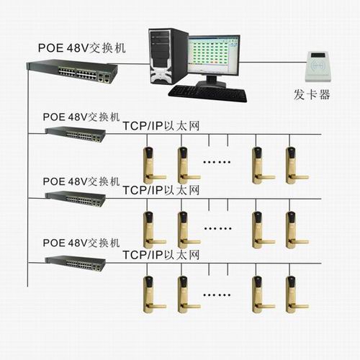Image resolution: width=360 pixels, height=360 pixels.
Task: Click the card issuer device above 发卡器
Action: pyautogui.click(x=320, y=66)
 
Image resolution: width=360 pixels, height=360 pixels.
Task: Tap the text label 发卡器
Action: pyautogui.click(x=312, y=94)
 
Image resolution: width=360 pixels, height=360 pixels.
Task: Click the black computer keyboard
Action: pyautogui.click(x=208, y=94)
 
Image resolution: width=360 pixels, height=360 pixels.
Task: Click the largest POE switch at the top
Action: pyautogui.click(x=72, y=71)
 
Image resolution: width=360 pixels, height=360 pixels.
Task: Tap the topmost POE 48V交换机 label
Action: pyautogui.click(x=82, y=48)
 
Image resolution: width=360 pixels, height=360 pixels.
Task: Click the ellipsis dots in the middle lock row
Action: pyautogui.click(x=217, y=228)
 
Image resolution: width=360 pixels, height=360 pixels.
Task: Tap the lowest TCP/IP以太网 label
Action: pyautogui.click(x=161, y=255)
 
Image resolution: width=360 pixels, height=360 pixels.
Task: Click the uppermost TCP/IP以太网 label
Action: pyautogui.click(x=161, y=126)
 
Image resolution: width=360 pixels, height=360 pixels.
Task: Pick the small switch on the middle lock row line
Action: pyautogui.click(x=76, y=199)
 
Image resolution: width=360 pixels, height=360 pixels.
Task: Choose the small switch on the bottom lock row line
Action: pyautogui.click(x=76, y=264)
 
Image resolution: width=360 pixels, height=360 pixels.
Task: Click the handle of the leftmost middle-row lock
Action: pyautogui.click(x=156, y=242)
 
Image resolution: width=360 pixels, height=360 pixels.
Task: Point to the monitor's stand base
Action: pyautogui.click(x=211, y=84)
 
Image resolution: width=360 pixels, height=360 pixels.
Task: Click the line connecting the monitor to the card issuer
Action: pyautogui.click(x=273, y=62)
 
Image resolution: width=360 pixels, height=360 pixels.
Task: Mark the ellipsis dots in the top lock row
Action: pyautogui.click(x=217, y=162)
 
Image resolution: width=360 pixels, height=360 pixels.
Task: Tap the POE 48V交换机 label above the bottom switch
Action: pyautogui.click(x=81, y=243)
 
